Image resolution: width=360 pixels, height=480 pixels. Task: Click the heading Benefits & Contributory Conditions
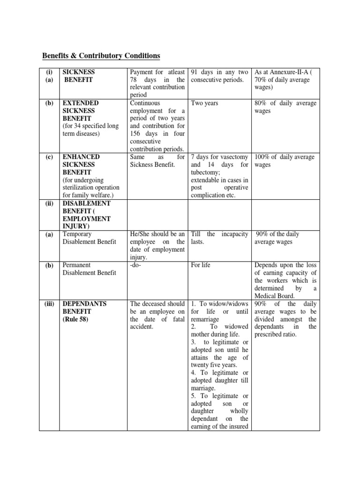(101, 56)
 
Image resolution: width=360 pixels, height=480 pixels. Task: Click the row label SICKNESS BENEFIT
(79, 76)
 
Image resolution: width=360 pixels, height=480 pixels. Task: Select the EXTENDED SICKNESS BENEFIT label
(81, 111)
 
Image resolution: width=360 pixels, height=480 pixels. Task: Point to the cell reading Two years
(205, 103)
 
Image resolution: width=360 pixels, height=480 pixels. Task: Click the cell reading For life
(201, 265)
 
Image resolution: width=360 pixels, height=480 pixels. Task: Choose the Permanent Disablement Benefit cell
(89, 269)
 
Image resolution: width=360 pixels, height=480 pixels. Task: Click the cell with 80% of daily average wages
(285, 107)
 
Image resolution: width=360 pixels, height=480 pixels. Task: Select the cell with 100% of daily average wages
(285, 161)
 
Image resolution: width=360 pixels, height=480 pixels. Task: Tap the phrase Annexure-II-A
(290, 72)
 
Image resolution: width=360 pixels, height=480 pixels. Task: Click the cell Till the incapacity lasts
(219, 238)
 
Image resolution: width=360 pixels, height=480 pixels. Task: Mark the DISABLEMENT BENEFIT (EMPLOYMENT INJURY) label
(87, 215)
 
